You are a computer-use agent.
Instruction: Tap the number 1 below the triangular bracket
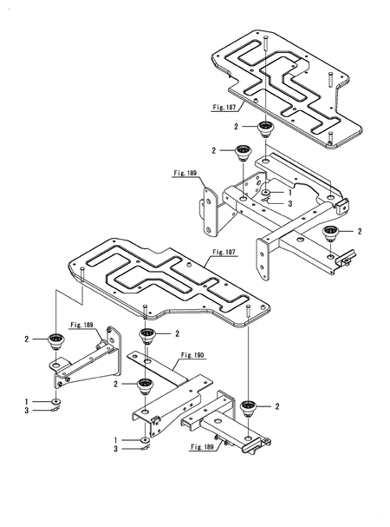pos(28,400)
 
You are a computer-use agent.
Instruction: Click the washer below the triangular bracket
pos(55,400)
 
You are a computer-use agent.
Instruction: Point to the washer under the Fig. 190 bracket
pos(144,440)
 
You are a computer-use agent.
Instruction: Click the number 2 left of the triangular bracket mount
pos(28,339)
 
